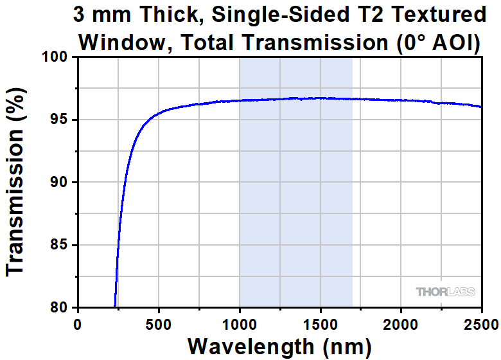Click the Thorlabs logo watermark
point(445,292)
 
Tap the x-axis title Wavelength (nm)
point(279,346)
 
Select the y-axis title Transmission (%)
point(15,183)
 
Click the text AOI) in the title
point(457,42)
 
